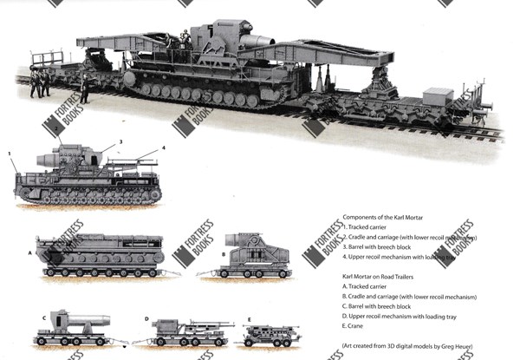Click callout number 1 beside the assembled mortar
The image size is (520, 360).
pos(10,154)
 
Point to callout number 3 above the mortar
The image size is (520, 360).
pos(120,141)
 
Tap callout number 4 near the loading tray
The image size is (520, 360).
pos(163,147)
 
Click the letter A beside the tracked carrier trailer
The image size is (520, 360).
pos(29,252)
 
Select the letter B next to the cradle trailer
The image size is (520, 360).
pos(223,254)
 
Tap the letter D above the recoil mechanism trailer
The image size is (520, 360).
pos(147,318)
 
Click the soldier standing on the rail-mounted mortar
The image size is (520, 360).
pos(185,37)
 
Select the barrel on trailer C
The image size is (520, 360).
pos(82,318)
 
